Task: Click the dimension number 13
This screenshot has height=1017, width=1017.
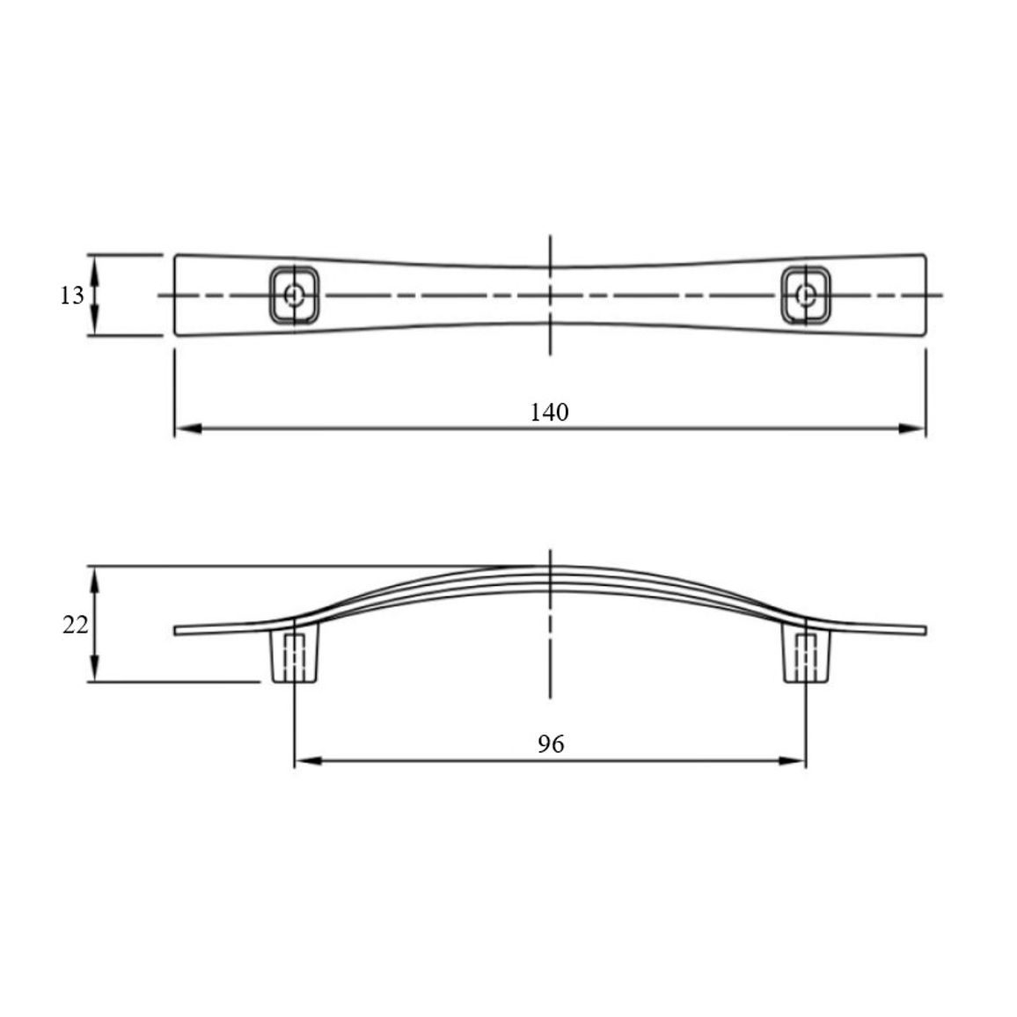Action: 72,296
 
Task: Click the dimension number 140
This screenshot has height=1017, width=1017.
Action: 549,413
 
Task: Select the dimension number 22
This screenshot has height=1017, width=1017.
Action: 76,626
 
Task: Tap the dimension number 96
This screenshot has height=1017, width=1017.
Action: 551,744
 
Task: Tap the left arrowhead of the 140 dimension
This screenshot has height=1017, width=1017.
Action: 188,428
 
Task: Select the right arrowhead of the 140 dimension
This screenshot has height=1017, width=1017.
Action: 912,428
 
